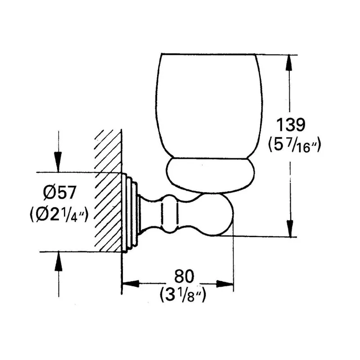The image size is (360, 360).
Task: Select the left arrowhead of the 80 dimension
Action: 130,284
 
